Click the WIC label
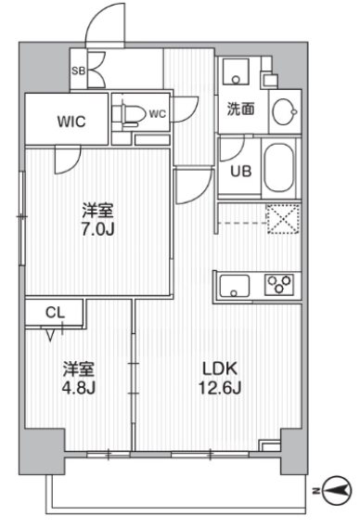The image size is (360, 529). tap(71, 122)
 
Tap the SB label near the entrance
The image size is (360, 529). tap(78, 71)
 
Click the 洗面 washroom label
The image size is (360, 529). tap(240, 109)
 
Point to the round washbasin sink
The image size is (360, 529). tap(285, 111)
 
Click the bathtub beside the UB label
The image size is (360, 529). tap(278, 168)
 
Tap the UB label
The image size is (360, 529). tap(241, 172)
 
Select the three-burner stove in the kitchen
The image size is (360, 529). tap(278, 284)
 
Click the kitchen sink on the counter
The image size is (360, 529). tap(235, 286)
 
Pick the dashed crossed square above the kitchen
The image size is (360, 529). tap(283, 218)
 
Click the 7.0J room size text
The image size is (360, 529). tap(98, 229)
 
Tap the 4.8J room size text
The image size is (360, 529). tap(79, 388)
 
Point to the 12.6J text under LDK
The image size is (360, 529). tap(220, 388)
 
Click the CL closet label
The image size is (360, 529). tap(55, 313)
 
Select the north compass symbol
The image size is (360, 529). tap(337, 490)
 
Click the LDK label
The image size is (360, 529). tap(220, 368)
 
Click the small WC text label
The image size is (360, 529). tap(157, 114)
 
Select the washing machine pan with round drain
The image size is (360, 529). tap(236, 71)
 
